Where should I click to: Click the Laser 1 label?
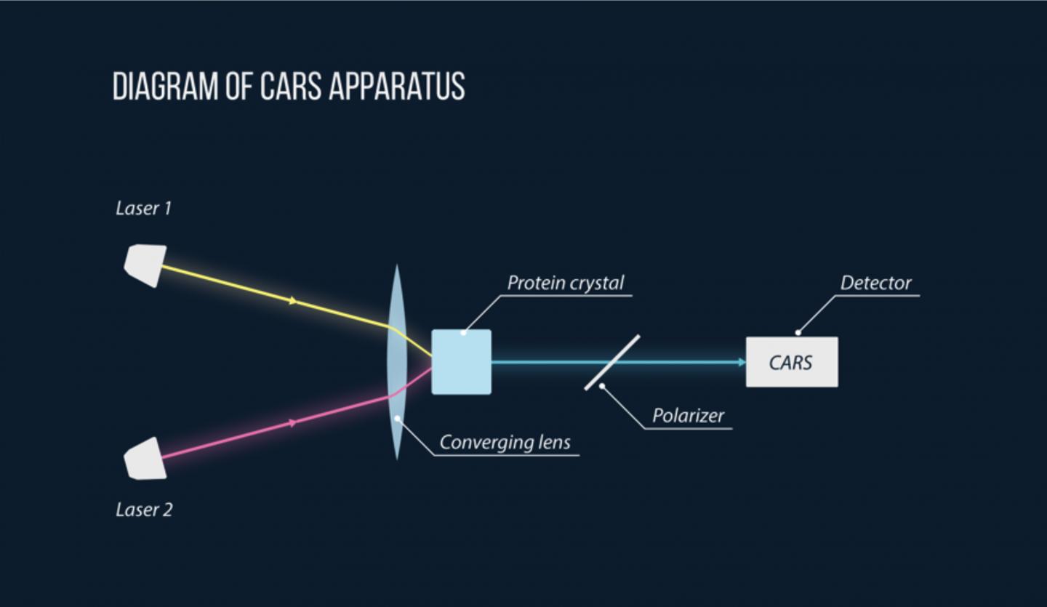143,209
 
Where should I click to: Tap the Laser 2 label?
144,510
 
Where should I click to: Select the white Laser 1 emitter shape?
145,265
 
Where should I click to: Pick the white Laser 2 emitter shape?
145,458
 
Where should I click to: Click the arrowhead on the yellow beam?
294,300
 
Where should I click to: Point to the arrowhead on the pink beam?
294,422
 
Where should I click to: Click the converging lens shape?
396,362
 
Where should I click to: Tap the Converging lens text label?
505,442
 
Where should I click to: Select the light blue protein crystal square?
461,362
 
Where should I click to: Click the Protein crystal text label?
565,283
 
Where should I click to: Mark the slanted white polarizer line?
612,362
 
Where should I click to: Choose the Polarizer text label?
688,416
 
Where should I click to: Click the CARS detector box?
791,362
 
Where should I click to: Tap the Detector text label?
875,283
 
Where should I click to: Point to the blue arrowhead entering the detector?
741,362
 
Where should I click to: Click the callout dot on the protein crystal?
463,333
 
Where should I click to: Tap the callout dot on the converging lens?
397,419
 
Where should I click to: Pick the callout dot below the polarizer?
601,386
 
